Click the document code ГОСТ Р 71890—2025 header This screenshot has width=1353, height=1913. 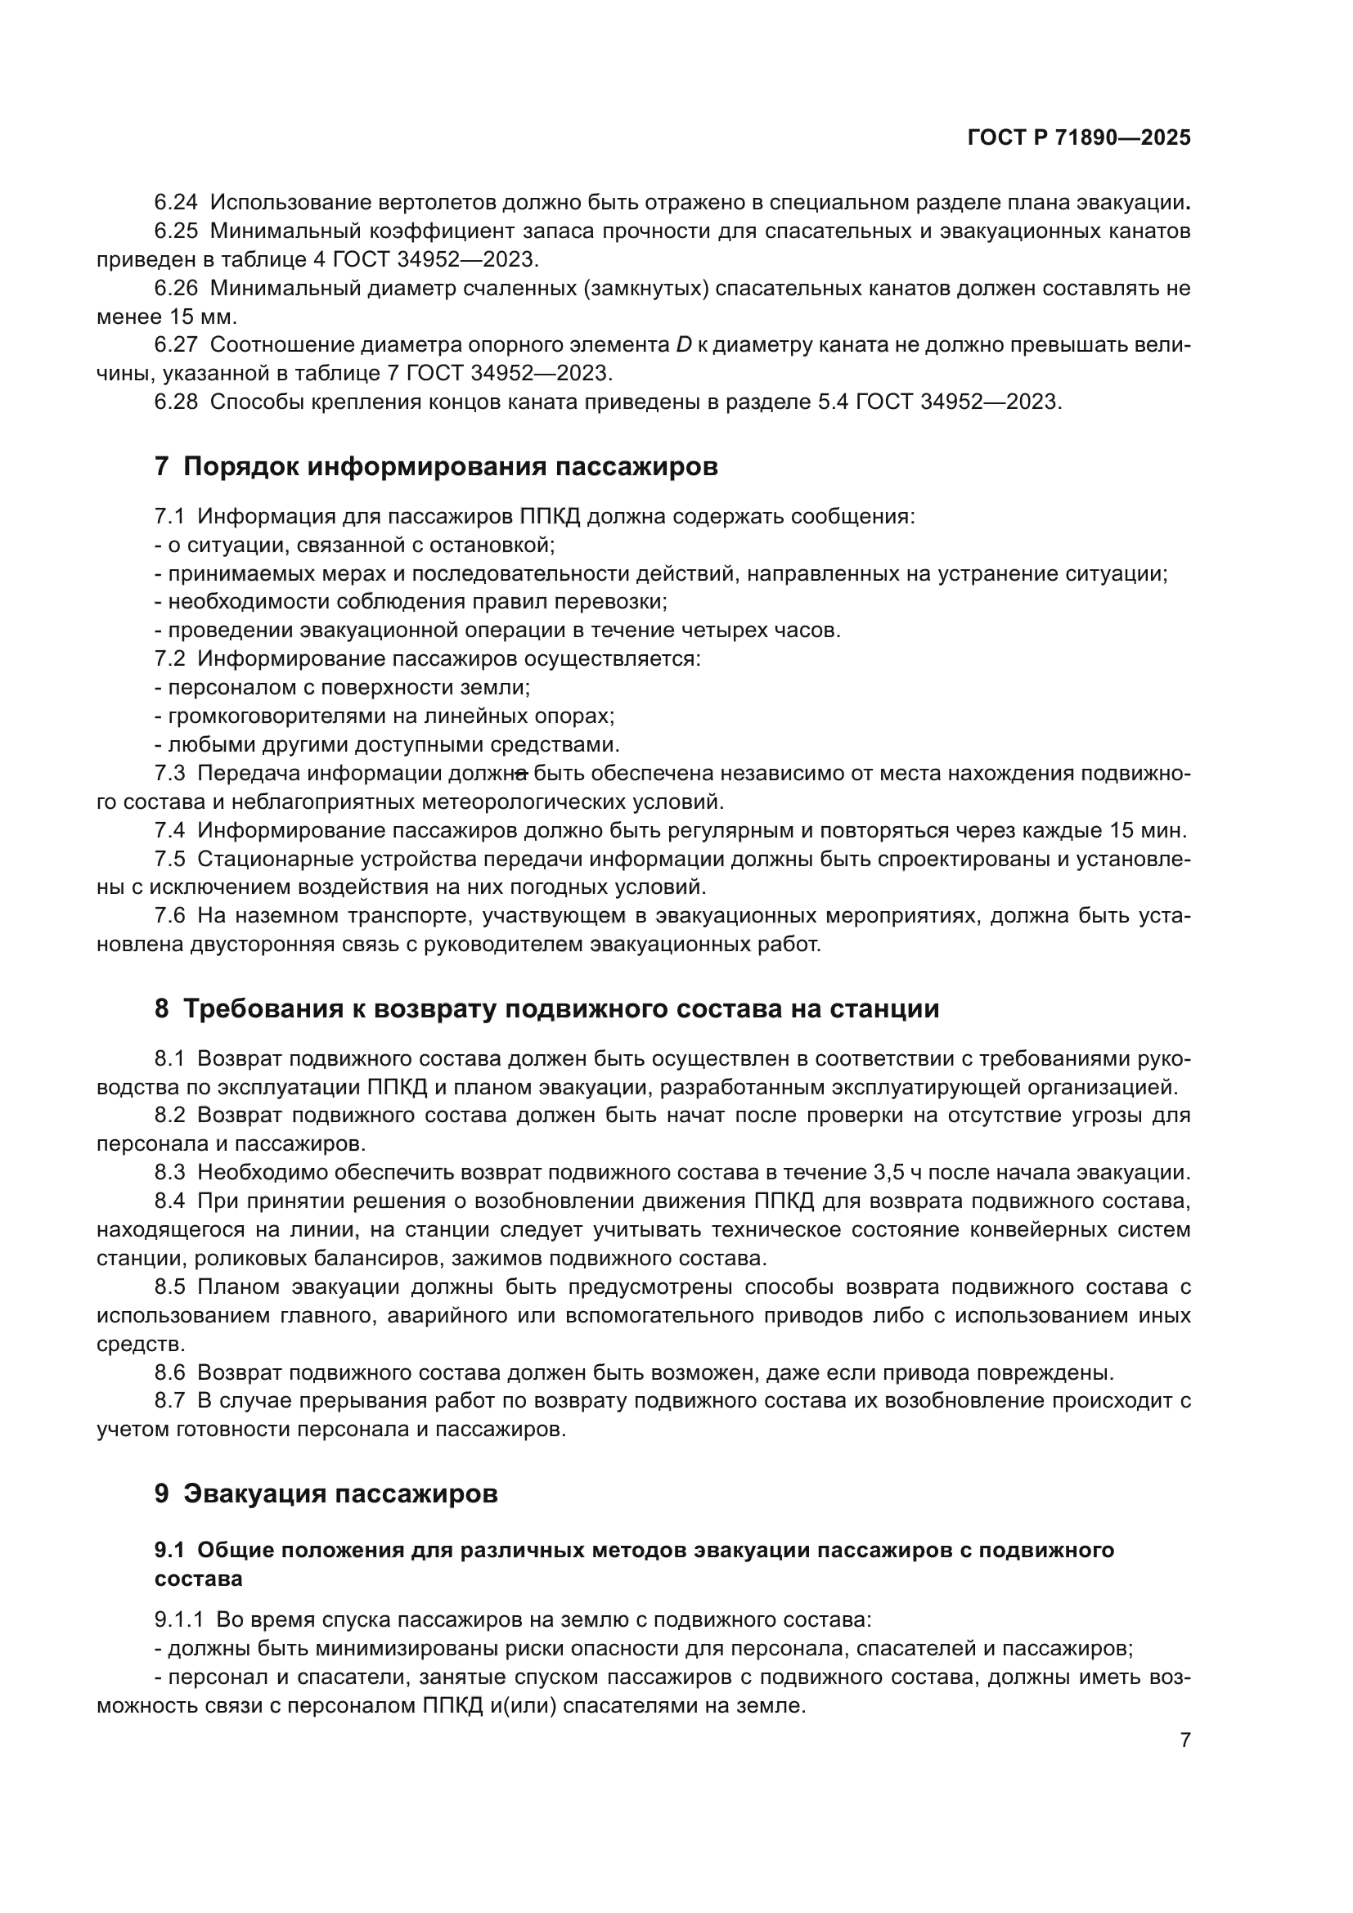click(1078, 138)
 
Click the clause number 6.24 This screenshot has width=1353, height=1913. click(176, 203)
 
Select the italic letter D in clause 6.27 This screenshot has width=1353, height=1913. click(683, 345)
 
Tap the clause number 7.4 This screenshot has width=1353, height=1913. click(170, 831)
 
